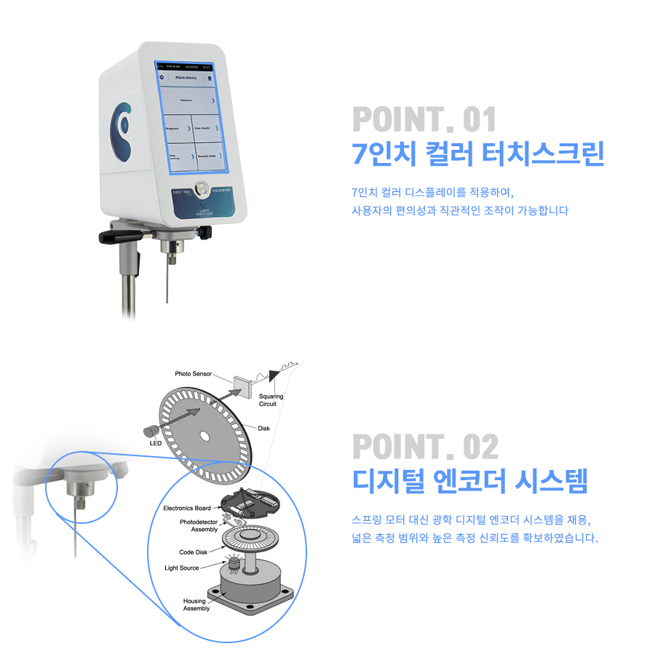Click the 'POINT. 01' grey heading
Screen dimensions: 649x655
(424, 119)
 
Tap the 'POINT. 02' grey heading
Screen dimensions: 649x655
(425, 445)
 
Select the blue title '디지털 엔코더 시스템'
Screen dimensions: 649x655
(469, 481)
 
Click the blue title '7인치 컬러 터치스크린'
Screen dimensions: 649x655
(477, 154)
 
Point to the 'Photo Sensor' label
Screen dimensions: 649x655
(193, 374)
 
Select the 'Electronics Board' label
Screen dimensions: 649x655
(186, 508)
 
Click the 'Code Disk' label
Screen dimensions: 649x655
(194, 552)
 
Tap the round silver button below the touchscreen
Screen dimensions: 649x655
(201, 186)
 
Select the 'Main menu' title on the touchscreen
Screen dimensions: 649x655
(186, 76)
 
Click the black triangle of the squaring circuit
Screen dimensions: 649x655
(274, 375)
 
